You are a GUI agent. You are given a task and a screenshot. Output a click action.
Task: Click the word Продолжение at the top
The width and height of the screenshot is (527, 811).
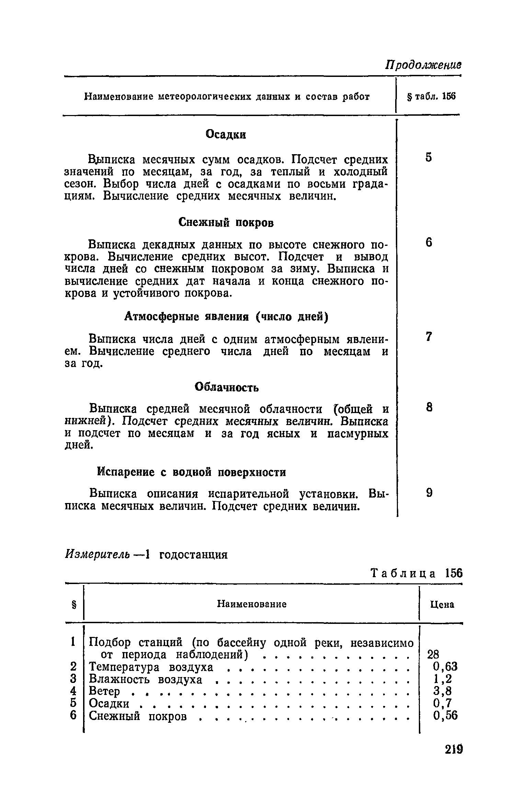click(x=423, y=65)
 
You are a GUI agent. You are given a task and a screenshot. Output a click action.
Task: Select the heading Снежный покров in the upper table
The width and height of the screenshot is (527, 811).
click(x=226, y=223)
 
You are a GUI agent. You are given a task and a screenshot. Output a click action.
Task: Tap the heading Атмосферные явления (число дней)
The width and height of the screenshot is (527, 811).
click(x=226, y=316)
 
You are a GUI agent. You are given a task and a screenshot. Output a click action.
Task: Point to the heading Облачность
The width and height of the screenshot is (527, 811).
click(x=227, y=387)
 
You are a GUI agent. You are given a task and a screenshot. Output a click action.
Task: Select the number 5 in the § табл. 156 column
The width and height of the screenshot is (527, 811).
click(x=428, y=157)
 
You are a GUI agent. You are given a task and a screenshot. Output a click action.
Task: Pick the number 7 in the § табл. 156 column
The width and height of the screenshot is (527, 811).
click(x=428, y=337)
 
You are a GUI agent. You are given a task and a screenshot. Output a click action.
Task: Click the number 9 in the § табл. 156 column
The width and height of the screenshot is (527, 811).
click(x=429, y=493)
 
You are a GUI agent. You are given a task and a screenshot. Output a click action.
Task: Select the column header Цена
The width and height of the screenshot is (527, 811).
click(x=442, y=605)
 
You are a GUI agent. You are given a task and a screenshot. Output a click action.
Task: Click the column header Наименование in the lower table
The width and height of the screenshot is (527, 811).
click(x=252, y=604)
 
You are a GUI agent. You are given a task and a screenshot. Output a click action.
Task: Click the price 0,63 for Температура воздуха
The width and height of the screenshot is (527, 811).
click(x=445, y=667)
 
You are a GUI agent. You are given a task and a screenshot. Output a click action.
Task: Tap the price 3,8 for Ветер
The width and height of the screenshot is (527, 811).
click(x=443, y=691)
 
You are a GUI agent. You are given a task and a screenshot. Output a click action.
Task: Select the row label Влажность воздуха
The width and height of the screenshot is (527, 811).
click(x=146, y=679)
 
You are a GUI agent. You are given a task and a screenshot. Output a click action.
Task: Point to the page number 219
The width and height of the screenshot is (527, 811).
click(x=454, y=749)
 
